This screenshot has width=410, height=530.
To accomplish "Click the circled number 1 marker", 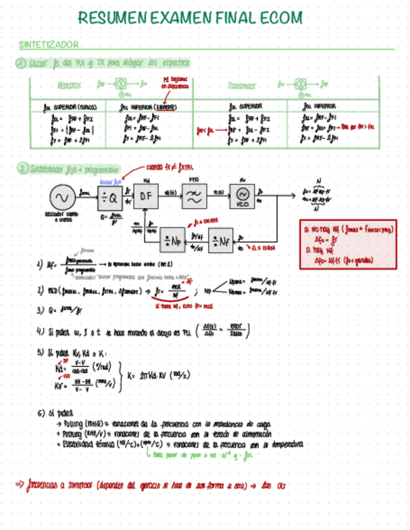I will pos(21,63).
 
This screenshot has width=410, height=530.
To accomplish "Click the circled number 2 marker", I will pos(21,169).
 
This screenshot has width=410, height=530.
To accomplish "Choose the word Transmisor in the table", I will pos(241,85).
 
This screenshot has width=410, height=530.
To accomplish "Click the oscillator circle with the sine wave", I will pos(62,198).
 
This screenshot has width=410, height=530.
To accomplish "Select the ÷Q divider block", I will pos(110,198).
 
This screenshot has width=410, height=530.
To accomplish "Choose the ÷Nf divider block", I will pos(221,239).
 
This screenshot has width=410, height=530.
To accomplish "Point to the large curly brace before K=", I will pos(118,376).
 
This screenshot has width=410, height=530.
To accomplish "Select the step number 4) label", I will pos(40,331).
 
